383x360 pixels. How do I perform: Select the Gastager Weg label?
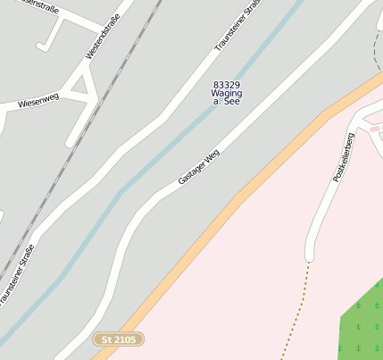[198, 167]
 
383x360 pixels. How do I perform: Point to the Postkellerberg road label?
[344, 157]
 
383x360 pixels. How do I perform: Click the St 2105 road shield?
[119, 339]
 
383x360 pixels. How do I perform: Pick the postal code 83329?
[227, 85]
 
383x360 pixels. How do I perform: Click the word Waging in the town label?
[227, 94]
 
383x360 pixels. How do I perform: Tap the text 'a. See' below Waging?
[227, 103]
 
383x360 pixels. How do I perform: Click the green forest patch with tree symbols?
[364, 322]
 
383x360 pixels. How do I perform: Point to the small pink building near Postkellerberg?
[375, 130]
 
